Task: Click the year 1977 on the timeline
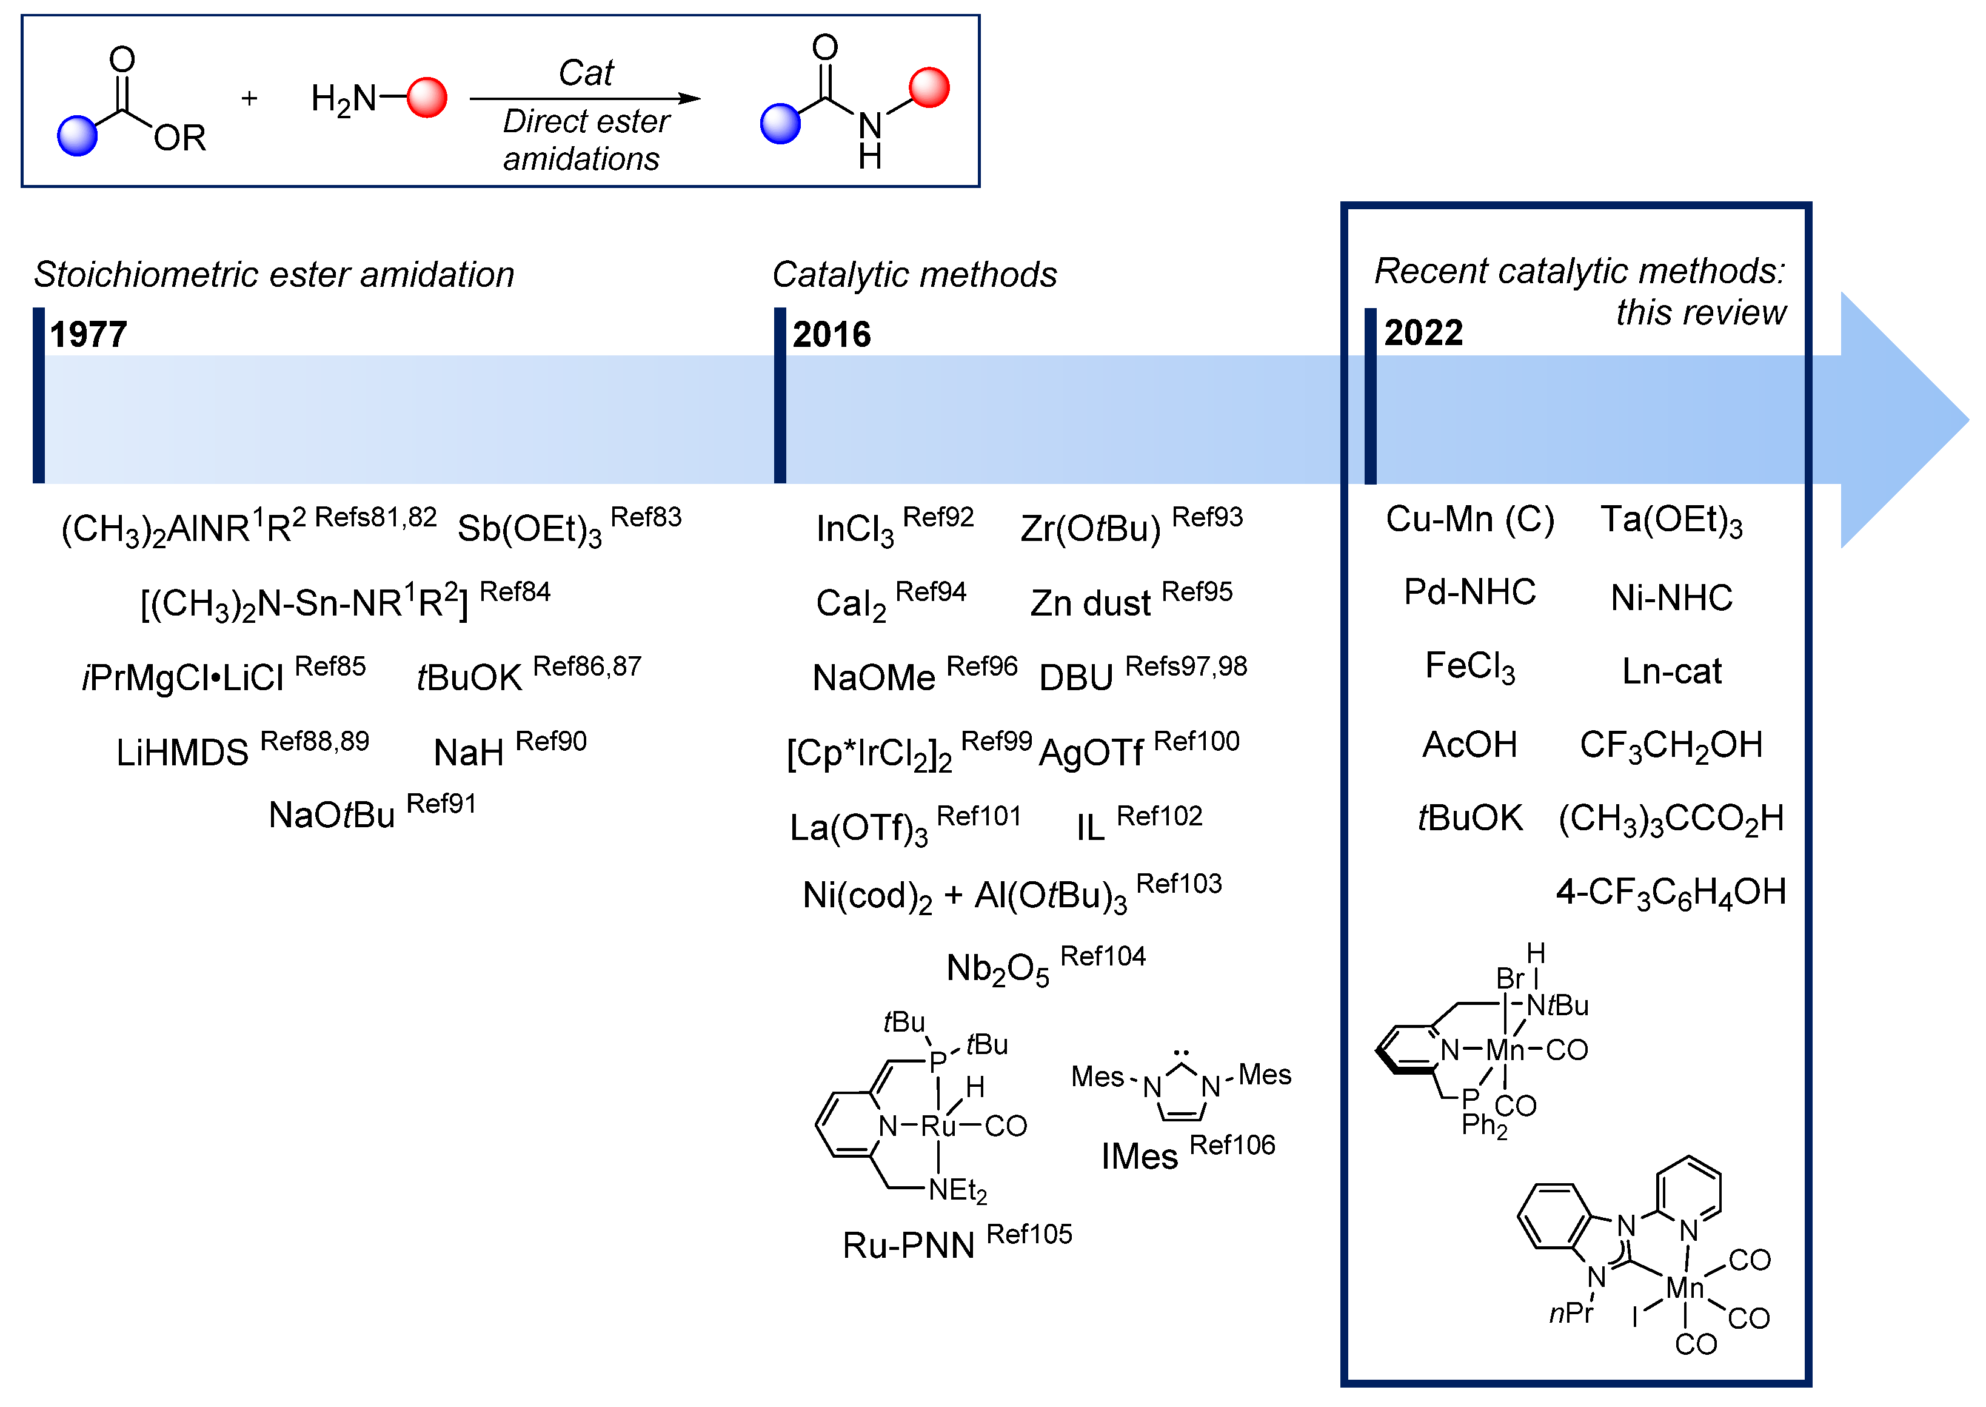[89, 334]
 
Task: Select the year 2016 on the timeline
[832, 334]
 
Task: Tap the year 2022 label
[1423, 333]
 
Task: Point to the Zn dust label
[1091, 603]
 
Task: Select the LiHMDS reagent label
[182, 753]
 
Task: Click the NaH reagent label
[469, 753]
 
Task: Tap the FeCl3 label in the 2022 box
[1469, 667]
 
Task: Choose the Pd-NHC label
[1469, 593]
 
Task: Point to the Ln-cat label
[1671, 671]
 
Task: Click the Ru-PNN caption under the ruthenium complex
[909, 1246]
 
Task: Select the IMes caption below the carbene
[1139, 1157]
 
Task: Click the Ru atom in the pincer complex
[938, 1126]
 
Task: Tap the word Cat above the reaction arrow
[586, 73]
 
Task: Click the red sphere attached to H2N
[427, 97]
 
